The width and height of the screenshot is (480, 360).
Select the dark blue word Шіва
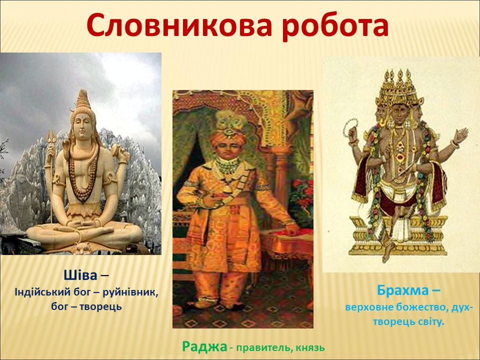coord(80,275)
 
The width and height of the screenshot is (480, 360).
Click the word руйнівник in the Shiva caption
coord(130,293)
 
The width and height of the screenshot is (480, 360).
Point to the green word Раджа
coord(204,347)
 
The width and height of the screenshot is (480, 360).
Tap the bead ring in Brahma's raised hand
coord(350,127)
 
